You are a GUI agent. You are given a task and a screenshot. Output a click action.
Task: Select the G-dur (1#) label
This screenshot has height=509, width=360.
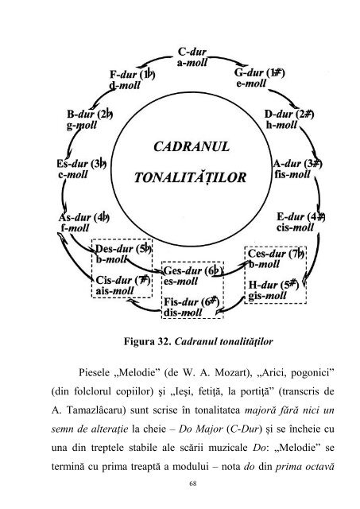coord(260,72)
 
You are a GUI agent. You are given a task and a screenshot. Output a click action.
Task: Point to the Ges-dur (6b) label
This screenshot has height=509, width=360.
coord(192,272)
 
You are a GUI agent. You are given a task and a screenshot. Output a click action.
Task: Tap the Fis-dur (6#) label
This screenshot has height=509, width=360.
coord(191,302)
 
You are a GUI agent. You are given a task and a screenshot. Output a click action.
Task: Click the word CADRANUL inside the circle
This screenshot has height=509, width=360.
coord(180,146)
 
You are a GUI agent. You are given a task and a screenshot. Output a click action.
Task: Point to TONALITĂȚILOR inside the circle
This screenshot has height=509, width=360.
coord(180,177)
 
